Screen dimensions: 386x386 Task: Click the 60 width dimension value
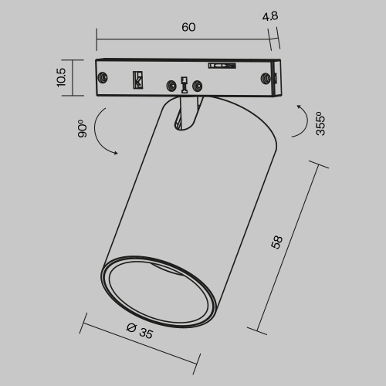click(x=189, y=27)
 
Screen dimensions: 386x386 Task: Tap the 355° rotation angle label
click(x=320, y=124)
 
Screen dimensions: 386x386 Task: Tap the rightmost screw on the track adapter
click(x=266, y=77)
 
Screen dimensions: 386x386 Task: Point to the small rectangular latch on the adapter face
click(x=138, y=80)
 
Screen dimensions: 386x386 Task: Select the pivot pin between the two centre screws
click(x=184, y=86)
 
